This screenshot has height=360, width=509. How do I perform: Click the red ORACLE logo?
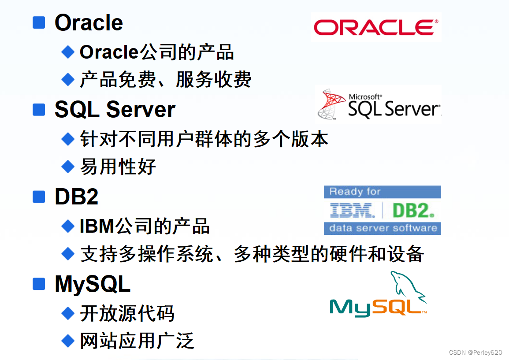376,27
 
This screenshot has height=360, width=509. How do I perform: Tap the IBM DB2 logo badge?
382,210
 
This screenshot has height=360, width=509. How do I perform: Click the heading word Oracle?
89,23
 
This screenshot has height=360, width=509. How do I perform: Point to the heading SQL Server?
115,109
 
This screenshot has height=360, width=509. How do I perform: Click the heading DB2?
76,197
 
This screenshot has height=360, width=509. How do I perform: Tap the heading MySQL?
93,284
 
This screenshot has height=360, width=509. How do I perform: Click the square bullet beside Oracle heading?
39,22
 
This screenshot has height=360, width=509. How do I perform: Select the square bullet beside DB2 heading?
39,197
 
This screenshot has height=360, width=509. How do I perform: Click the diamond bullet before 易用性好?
68,167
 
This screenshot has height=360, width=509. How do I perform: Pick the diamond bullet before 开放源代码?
68,313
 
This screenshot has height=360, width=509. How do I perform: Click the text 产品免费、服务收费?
165,80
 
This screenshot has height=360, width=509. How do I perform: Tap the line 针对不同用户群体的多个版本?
204,139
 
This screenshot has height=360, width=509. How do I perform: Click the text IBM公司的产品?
145,226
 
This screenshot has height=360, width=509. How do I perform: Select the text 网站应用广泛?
137,341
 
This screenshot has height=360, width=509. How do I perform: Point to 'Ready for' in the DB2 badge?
355,192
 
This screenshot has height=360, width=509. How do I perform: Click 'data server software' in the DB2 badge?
383,228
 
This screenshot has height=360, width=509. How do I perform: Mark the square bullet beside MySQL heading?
39,284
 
